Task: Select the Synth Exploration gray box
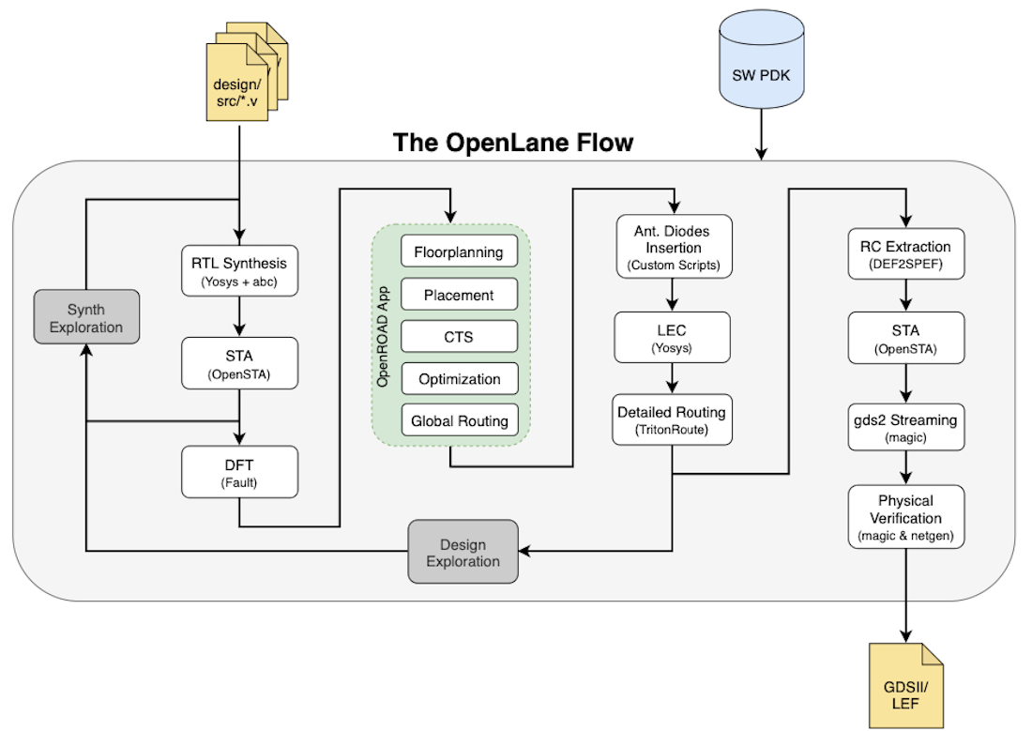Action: [86, 318]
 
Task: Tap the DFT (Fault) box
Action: [238, 471]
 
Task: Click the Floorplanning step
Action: [459, 252]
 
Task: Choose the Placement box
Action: [459, 295]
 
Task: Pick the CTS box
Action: [459, 337]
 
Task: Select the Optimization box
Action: [459, 379]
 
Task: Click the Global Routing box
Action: [459, 421]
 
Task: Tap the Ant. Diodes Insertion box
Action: [674, 247]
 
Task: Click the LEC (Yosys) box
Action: [674, 338]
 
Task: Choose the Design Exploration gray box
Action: [463, 552]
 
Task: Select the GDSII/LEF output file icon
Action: [906, 686]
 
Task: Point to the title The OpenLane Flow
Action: [513, 143]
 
